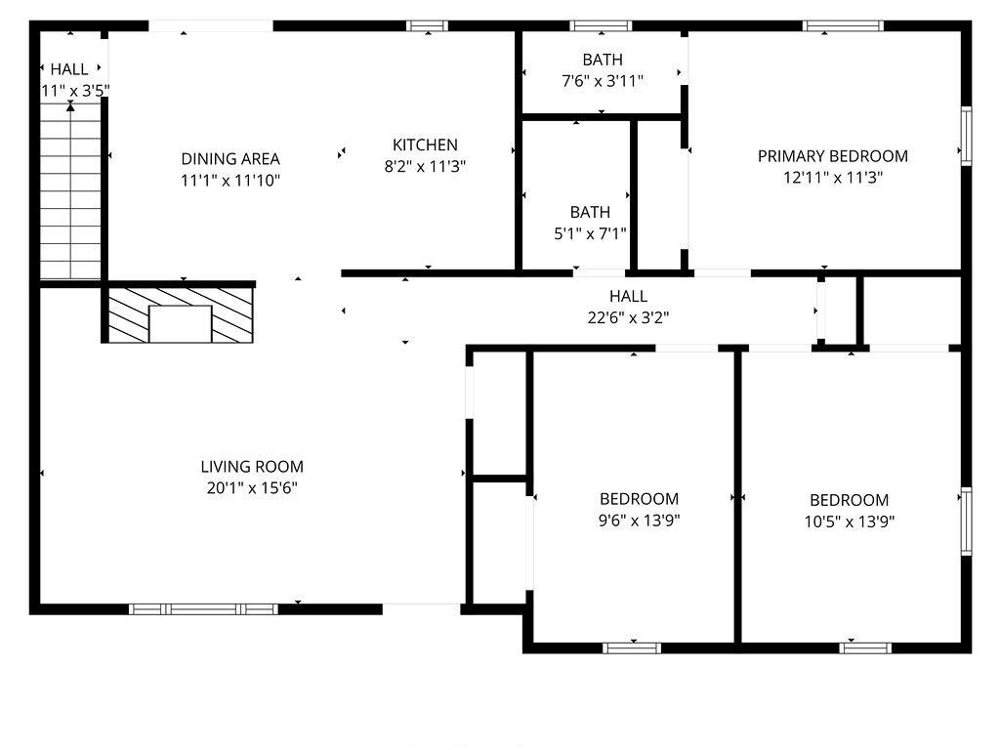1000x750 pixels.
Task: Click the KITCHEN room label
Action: pos(425,145)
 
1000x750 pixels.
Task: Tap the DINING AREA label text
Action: pos(230,159)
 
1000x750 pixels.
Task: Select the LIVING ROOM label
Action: pos(252,467)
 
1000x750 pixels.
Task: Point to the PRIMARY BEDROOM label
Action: pos(832,156)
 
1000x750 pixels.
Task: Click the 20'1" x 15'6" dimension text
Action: pos(252,488)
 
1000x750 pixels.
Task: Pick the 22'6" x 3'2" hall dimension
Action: pos(628,317)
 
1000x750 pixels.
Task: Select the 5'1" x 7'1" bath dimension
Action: pos(590,234)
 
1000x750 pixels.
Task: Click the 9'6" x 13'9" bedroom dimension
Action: pos(639,521)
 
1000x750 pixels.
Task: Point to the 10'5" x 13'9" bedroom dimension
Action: pos(849,521)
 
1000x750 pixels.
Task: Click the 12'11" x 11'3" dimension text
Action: pos(832,178)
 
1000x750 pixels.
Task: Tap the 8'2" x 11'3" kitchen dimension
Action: pos(425,166)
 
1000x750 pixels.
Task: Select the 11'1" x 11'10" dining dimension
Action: pos(230,181)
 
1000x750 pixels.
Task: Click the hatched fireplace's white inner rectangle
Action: pos(180,324)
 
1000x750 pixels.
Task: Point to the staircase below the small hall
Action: pos(70,195)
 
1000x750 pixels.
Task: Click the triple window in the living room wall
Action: pos(203,609)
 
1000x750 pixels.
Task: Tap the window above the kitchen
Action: pos(428,26)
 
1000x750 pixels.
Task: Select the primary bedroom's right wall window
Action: pos(966,136)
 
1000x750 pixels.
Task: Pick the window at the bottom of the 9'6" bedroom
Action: pos(632,648)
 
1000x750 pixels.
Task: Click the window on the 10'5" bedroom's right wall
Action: pos(966,521)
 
